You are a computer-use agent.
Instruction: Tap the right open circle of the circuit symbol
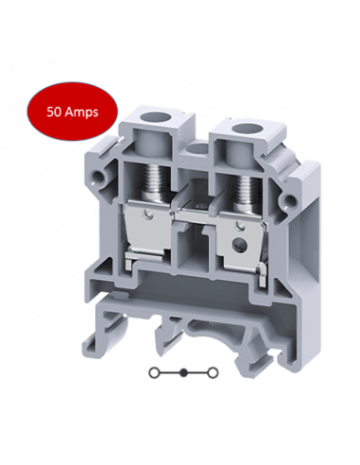(214, 372)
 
